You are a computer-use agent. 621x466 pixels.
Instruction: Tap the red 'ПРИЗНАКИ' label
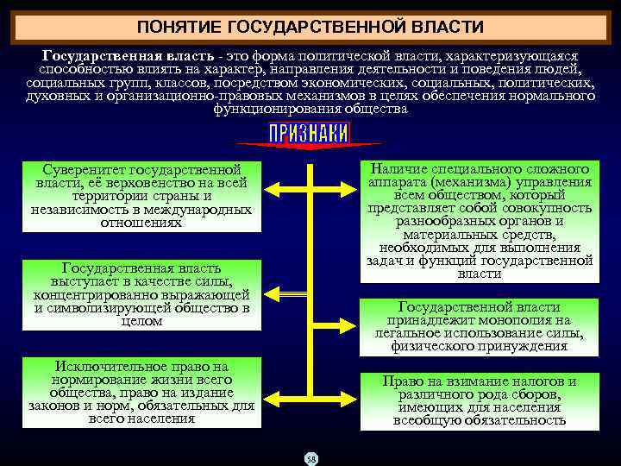(309, 133)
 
